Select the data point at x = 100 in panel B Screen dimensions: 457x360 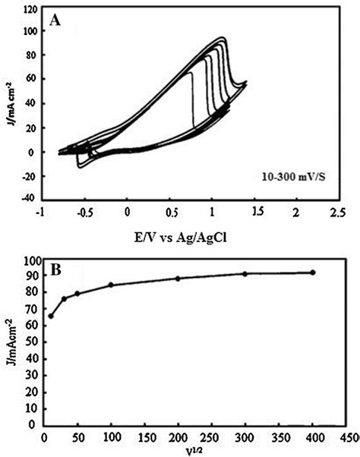point(111,285)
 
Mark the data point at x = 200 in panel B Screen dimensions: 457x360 point(178,279)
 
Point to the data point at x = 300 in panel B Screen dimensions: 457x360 point(245,274)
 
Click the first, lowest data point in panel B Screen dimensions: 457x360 point(51,316)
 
